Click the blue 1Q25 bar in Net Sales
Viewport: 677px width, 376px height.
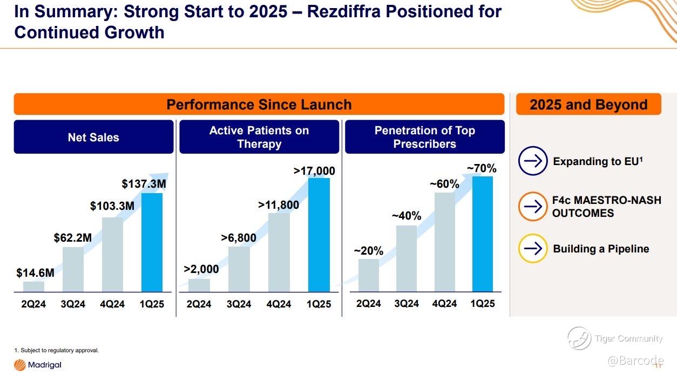click(152, 243)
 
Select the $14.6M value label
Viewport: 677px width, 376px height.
click(36, 273)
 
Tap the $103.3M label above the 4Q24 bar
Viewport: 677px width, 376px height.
click(112, 206)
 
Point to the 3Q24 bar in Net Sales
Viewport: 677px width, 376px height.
click(73, 269)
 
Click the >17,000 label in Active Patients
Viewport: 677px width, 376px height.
click(314, 171)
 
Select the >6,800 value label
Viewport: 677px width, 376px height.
click(239, 237)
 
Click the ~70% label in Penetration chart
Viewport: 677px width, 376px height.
click(482, 168)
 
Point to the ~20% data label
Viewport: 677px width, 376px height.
click(369, 251)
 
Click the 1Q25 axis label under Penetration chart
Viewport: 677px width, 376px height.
click(482, 304)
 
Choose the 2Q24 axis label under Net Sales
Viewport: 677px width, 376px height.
click(33, 304)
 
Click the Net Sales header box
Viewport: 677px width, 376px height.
click(93, 137)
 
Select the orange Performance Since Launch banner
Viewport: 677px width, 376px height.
click(259, 104)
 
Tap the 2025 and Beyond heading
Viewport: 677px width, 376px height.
click(588, 104)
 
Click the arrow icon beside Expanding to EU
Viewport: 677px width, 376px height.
click(533, 161)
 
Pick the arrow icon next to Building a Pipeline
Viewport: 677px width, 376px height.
click(533, 248)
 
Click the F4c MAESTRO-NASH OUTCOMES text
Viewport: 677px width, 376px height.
click(606, 207)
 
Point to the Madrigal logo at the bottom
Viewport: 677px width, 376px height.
click(38, 365)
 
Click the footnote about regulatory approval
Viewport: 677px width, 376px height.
click(57, 351)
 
